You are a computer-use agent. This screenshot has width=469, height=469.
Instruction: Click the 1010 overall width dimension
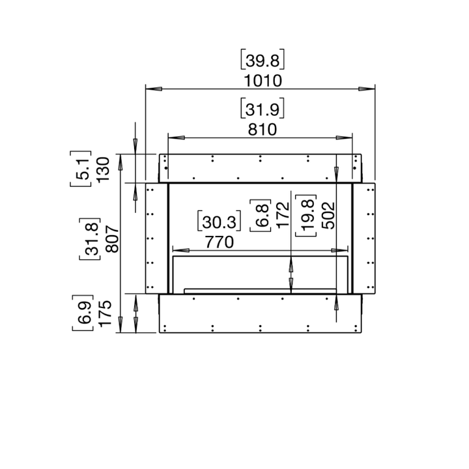[x=260, y=81]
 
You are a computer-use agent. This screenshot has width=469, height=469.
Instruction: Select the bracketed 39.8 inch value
[x=260, y=61]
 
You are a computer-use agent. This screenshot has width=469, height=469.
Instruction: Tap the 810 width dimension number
[x=260, y=130]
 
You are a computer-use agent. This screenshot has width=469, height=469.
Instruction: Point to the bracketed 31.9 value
[x=260, y=108]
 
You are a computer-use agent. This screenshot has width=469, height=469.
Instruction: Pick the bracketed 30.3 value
[x=219, y=221]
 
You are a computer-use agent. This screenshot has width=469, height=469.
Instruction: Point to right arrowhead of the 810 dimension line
[x=345, y=137]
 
